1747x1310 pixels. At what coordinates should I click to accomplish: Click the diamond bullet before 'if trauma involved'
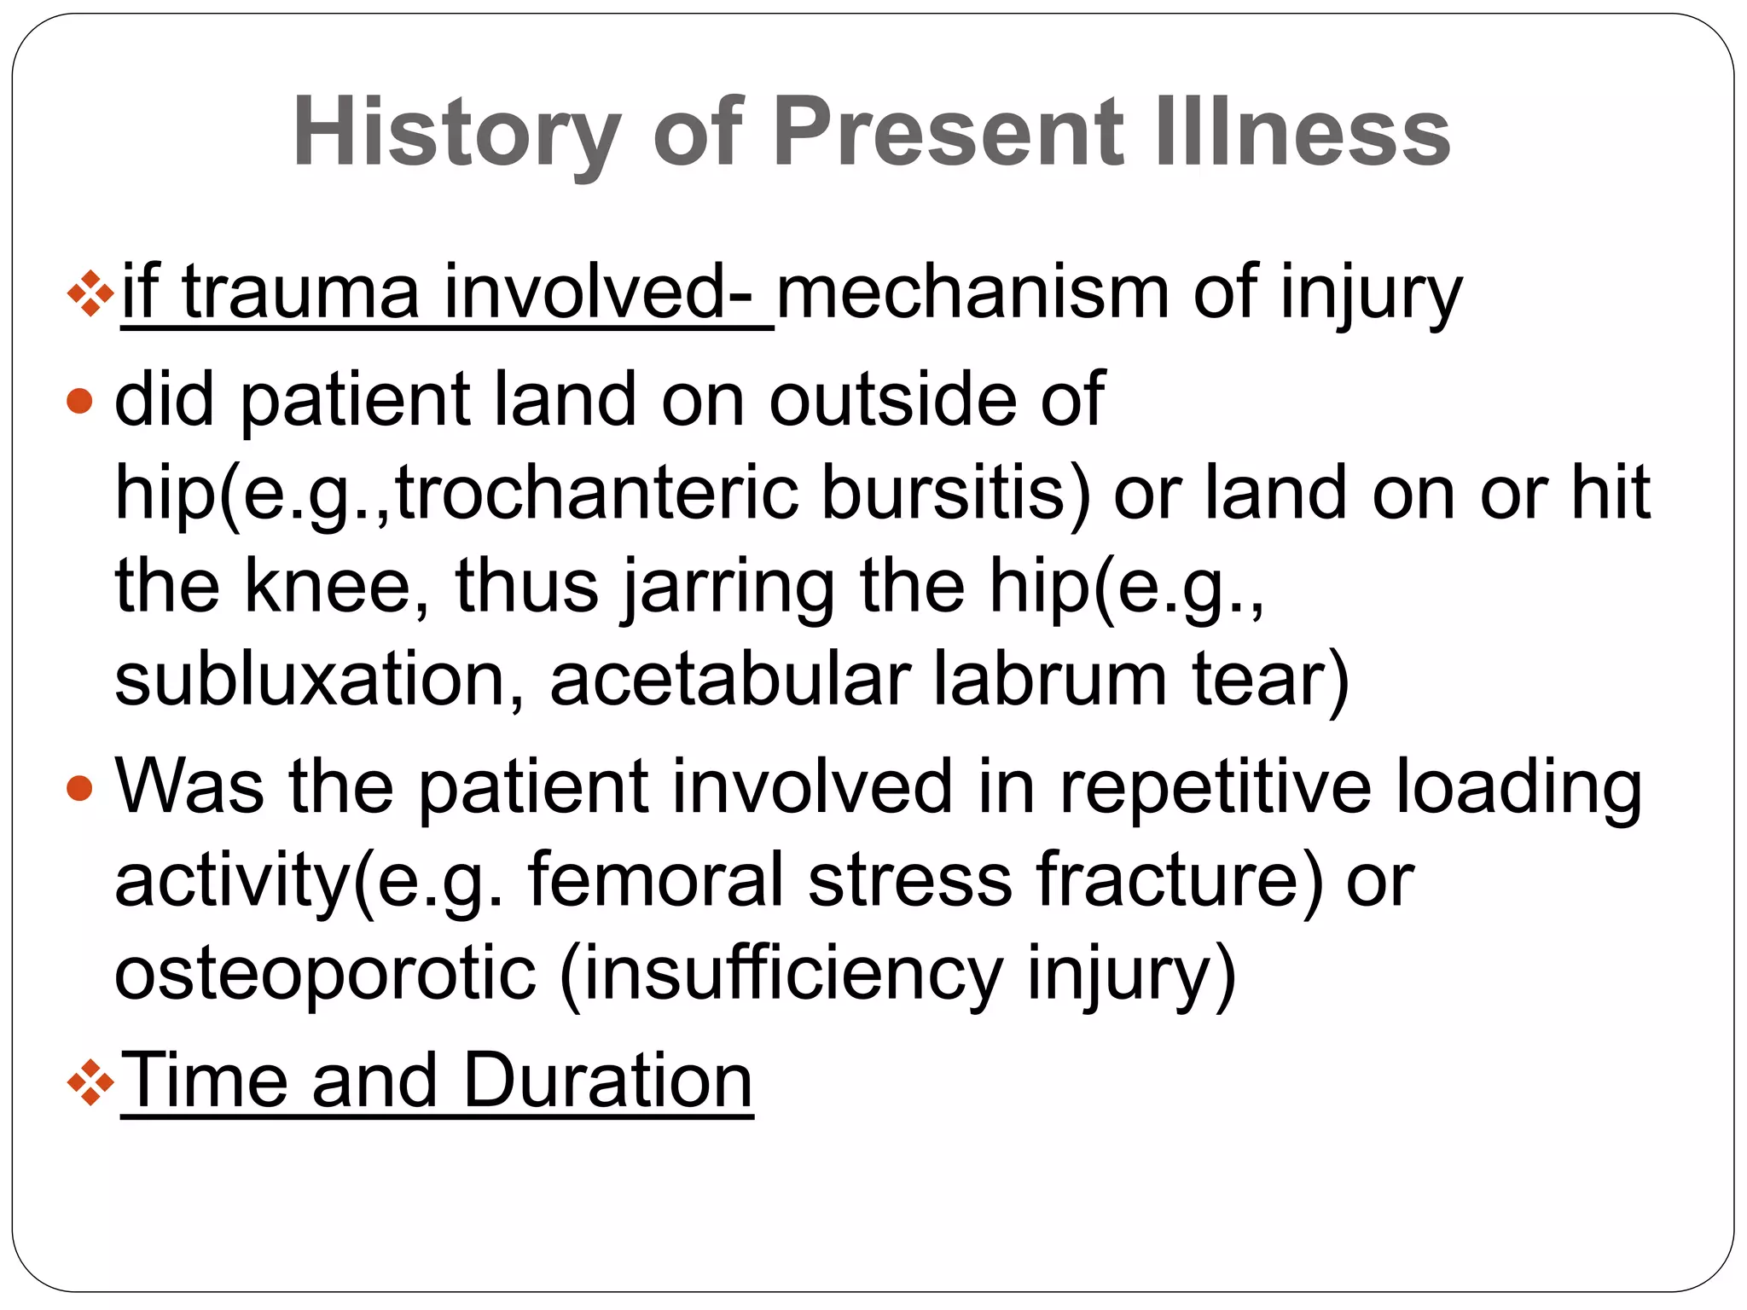tap(90, 294)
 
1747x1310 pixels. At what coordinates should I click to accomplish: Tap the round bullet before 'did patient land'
tap(79, 400)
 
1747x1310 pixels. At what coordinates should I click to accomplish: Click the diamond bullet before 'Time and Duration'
tap(90, 1083)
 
